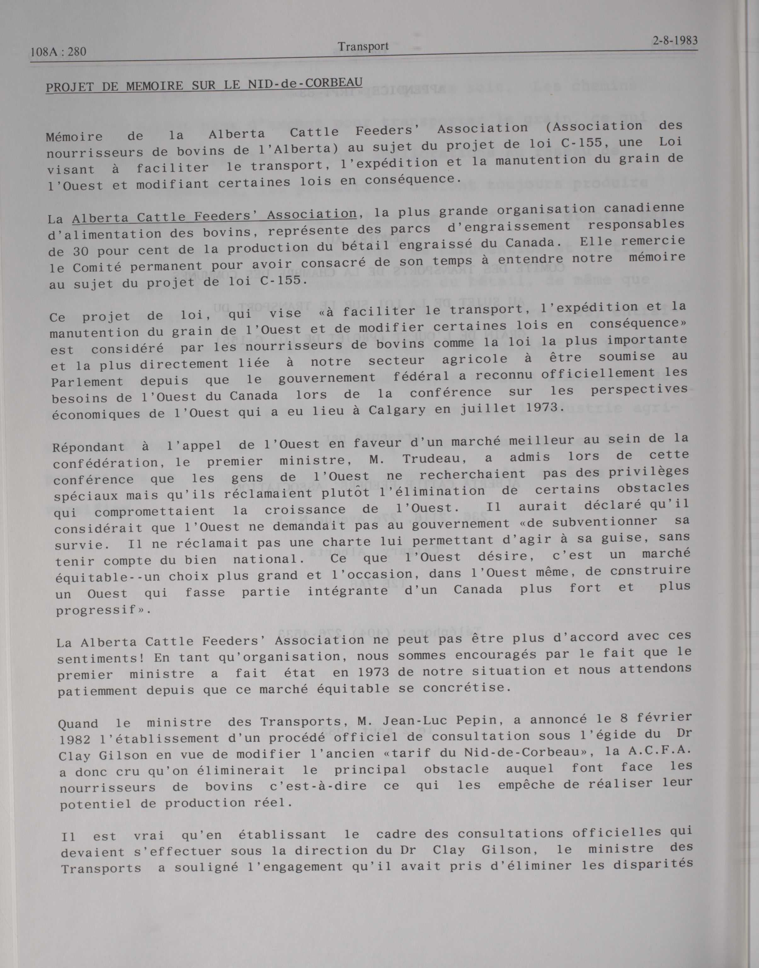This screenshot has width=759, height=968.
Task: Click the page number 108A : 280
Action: (58, 52)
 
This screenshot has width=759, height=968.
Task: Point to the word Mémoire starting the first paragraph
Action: (74, 136)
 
